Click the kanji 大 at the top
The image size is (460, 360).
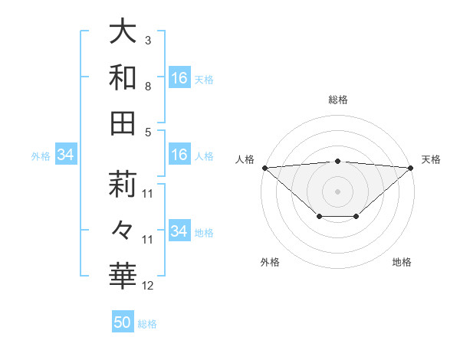[x=123, y=33]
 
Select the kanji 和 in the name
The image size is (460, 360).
[x=123, y=78]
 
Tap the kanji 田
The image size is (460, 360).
[x=123, y=123]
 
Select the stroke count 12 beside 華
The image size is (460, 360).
[x=148, y=285]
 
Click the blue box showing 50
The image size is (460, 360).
[x=123, y=322]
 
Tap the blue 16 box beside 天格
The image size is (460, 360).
[x=179, y=78]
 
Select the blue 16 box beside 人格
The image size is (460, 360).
[x=179, y=155]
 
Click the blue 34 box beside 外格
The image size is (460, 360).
[x=66, y=155]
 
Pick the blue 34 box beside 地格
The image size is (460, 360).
[x=179, y=231]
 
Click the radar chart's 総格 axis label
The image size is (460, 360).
[x=338, y=100]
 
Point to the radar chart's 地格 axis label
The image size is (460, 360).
[x=402, y=262]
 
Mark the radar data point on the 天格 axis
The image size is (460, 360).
[x=412, y=168]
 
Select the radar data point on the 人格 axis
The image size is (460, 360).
[x=264, y=168]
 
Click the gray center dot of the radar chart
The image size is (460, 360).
[x=338, y=191]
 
